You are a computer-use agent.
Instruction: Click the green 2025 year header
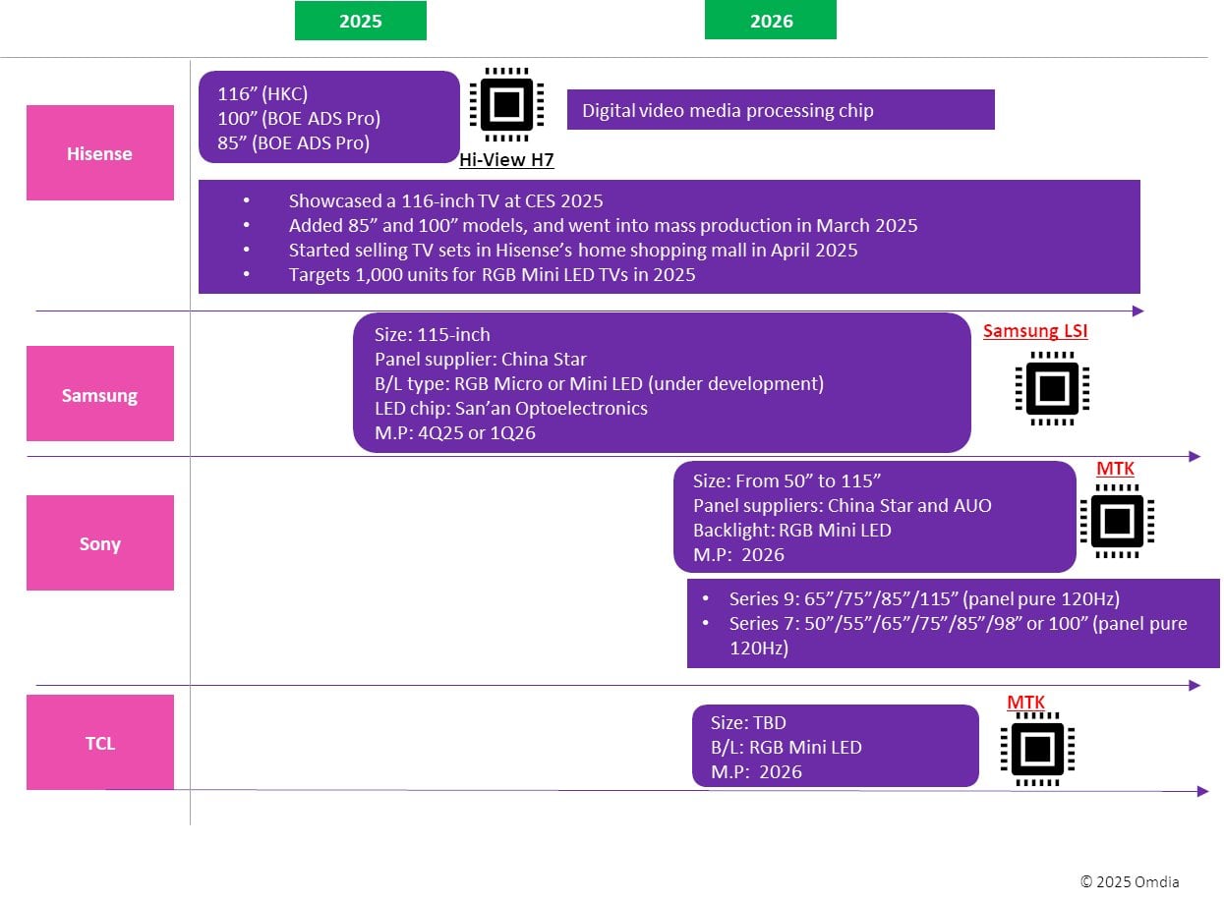point(360,21)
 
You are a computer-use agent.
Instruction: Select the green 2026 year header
point(770,21)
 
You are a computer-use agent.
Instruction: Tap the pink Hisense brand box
point(99,153)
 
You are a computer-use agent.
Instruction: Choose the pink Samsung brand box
point(99,395)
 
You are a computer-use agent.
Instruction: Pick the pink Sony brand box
point(99,543)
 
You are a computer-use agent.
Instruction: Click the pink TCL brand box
point(99,743)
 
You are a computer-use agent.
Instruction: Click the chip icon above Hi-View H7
point(506,104)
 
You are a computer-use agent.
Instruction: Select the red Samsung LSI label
point(1035,331)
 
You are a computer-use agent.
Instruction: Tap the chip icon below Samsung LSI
point(1052,388)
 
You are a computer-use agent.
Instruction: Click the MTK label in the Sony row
point(1115,470)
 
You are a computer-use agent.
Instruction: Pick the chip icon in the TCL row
point(1037,749)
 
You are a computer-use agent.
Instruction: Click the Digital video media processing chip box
point(781,110)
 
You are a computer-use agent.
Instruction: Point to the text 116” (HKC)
point(262,94)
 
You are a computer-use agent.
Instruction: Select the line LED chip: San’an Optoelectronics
point(510,408)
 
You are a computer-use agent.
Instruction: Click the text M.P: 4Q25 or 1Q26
point(454,432)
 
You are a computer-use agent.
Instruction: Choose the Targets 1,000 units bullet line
point(492,275)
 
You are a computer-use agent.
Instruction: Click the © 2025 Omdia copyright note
point(1129,881)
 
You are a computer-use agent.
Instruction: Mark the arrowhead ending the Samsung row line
point(1195,456)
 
